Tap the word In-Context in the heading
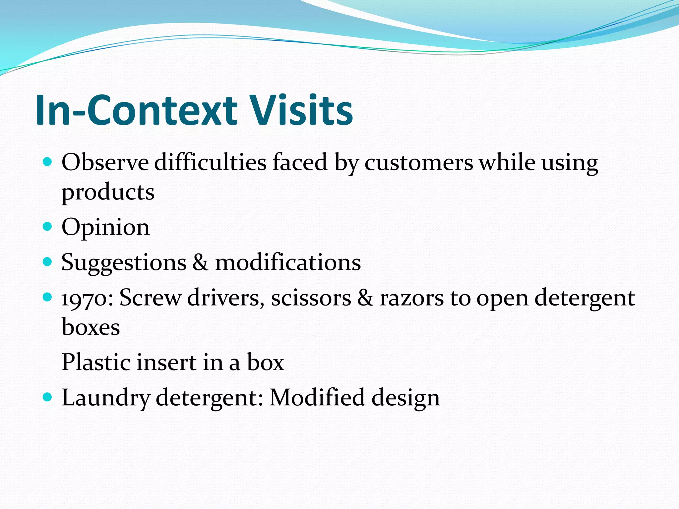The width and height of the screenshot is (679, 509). click(x=136, y=110)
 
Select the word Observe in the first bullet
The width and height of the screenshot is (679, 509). click(x=105, y=162)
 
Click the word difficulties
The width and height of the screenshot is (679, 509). click(x=210, y=162)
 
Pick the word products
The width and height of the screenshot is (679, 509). click(x=108, y=193)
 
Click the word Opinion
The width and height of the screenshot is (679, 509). click(x=105, y=228)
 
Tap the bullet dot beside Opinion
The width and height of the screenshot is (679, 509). click(x=48, y=227)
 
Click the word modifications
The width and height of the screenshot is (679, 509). click(x=288, y=262)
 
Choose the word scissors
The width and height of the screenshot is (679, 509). click(x=311, y=298)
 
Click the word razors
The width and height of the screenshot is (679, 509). click(x=411, y=298)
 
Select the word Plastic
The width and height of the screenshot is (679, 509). click(x=96, y=362)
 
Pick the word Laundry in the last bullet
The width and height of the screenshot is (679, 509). click(x=106, y=398)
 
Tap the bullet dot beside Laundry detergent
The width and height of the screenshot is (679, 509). click(x=48, y=397)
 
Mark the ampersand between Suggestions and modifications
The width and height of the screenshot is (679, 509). click(x=201, y=262)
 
